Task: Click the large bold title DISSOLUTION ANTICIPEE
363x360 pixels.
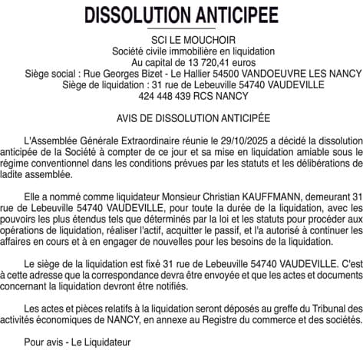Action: point(181,15)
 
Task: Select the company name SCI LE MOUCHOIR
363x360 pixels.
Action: point(181,39)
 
